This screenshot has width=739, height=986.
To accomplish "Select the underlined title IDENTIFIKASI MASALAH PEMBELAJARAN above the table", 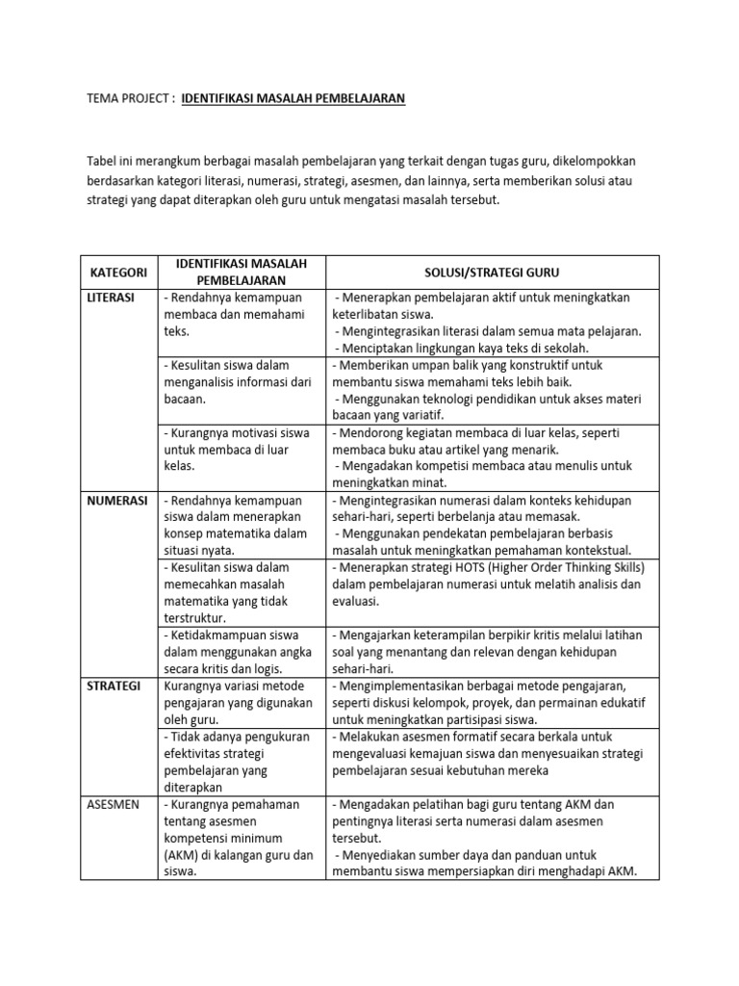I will (293, 98).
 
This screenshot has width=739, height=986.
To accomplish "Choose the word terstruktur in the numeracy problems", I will (196, 618).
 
